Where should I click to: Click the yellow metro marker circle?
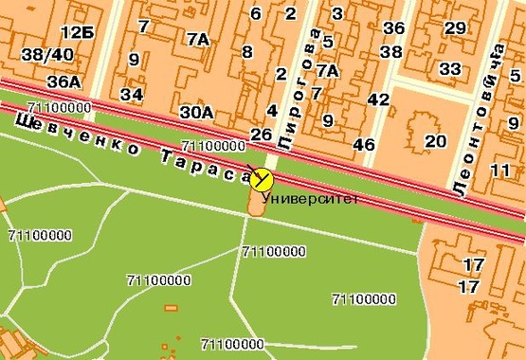(x=262, y=180)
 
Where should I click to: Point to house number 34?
(x=132, y=94)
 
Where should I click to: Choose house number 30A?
(x=197, y=112)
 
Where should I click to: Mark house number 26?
(x=262, y=135)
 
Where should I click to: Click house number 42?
(x=378, y=99)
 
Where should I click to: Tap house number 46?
(x=363, y=144)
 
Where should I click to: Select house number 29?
(x=455, y=27)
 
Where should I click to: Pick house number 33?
(x=450, y=68)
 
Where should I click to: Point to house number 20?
(x=435, y=141)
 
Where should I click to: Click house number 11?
(x=502, y=170)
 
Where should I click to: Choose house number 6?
(x=255, y=13)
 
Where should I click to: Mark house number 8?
(x=247, y=51)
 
